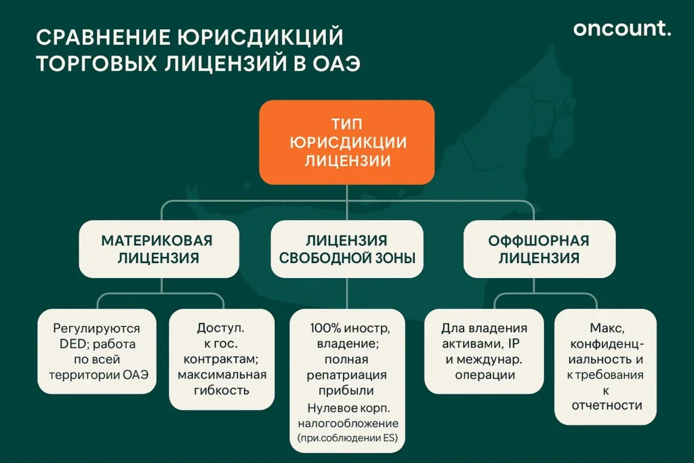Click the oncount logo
(621, 28)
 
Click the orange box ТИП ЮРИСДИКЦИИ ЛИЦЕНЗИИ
(346, 142)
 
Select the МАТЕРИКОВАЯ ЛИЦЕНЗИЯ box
(157, 249)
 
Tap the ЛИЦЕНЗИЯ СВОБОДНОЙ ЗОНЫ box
(346, 249)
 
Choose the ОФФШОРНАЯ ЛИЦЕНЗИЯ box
(538, 249)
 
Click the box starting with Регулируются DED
(96, 351)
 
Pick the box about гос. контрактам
(222, 359)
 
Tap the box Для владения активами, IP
(484, 351)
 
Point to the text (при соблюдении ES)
(347, 438)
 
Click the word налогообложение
(347, 423)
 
